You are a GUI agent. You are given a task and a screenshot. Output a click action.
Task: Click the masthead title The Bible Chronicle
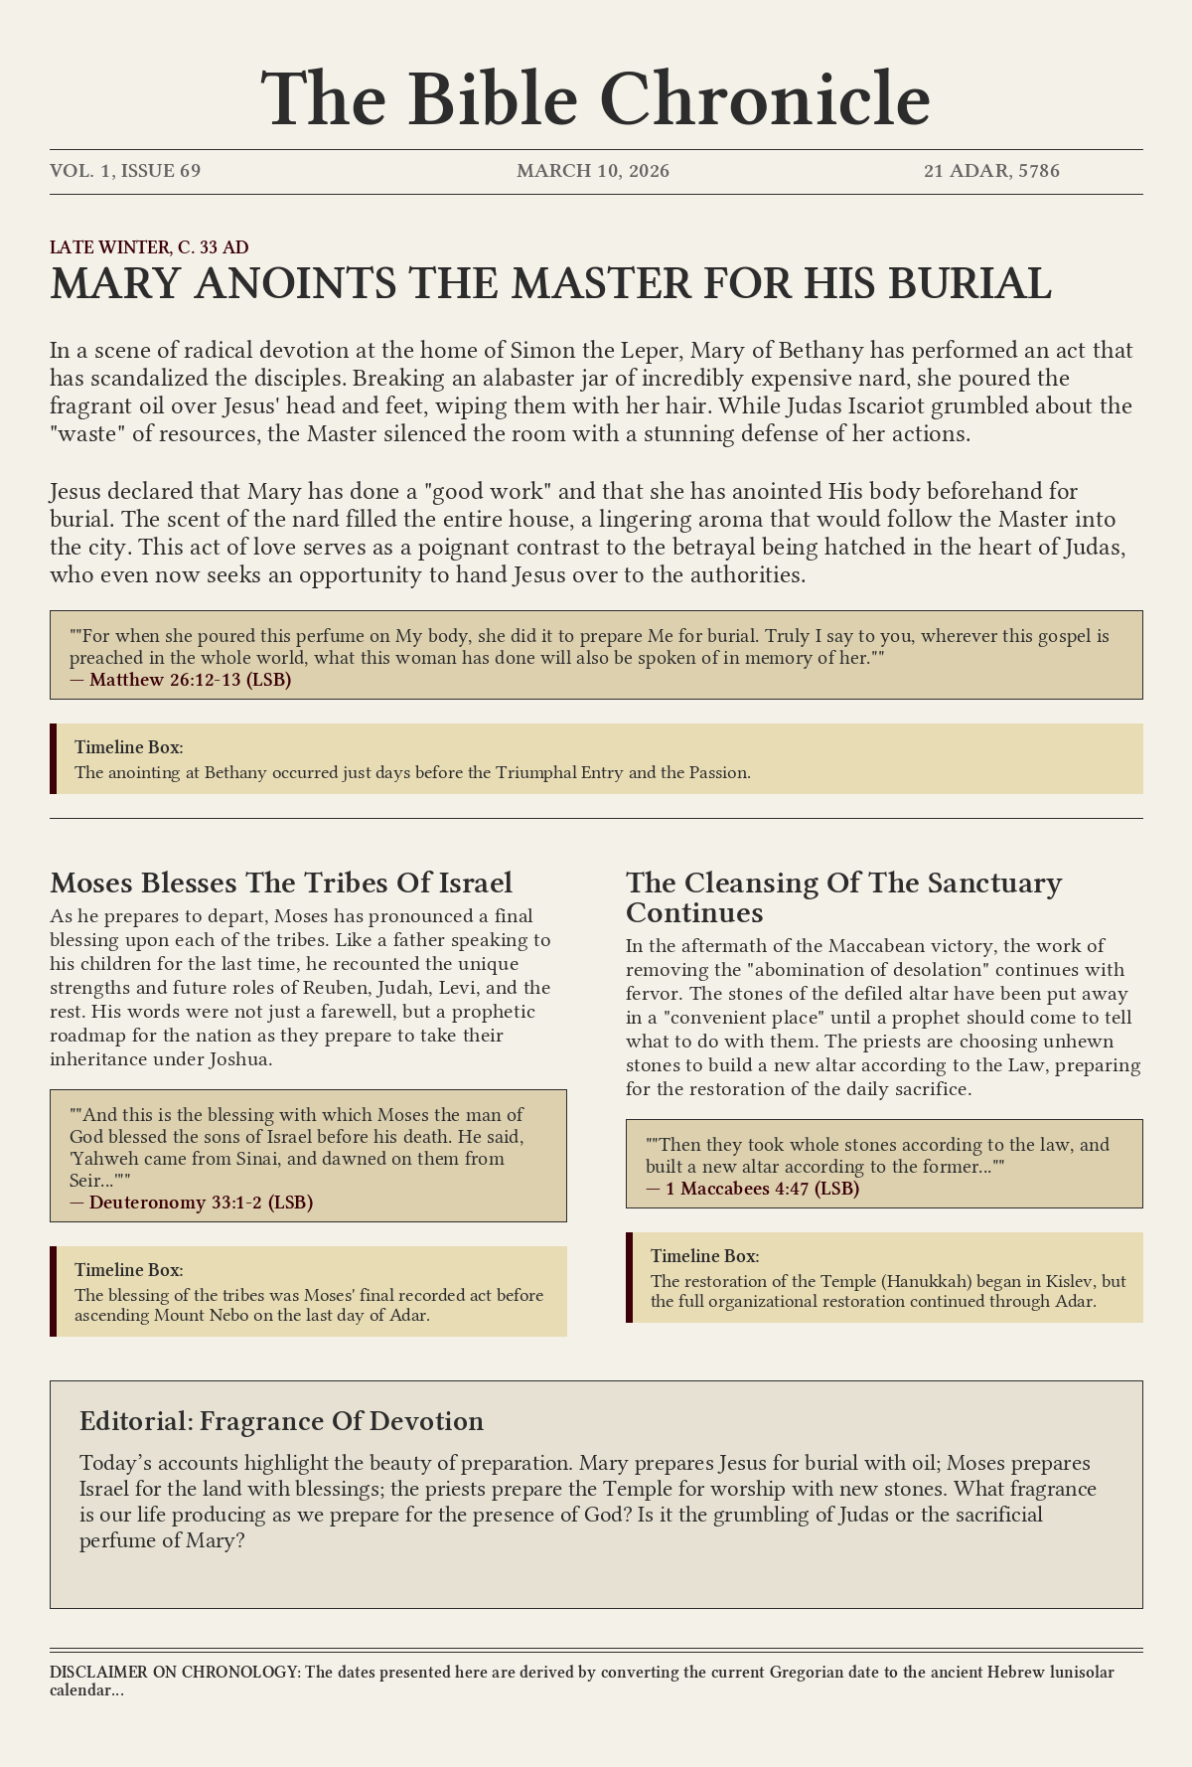[x=596, y=99]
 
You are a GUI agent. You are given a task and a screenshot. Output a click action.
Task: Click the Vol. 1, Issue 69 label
[x=125, y=171]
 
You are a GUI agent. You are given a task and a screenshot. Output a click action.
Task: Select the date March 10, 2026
[x=593, y=171]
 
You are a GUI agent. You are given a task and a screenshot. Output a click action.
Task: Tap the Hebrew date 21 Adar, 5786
[x=991, y=171]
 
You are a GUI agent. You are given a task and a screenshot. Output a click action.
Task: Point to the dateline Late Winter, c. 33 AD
[x=149, y=246]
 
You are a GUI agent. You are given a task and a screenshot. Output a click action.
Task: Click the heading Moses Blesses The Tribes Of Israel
[x=281, y=883]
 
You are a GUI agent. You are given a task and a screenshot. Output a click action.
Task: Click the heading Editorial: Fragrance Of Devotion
[x=281, y=1421]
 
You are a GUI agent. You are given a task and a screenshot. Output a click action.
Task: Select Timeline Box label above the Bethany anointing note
[x=129, y=747]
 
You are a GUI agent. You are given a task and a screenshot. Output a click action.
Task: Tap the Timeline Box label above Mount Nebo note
[x=129, y=1270]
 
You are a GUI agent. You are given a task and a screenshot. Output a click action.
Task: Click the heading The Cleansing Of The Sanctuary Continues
[x=843, y=896]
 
